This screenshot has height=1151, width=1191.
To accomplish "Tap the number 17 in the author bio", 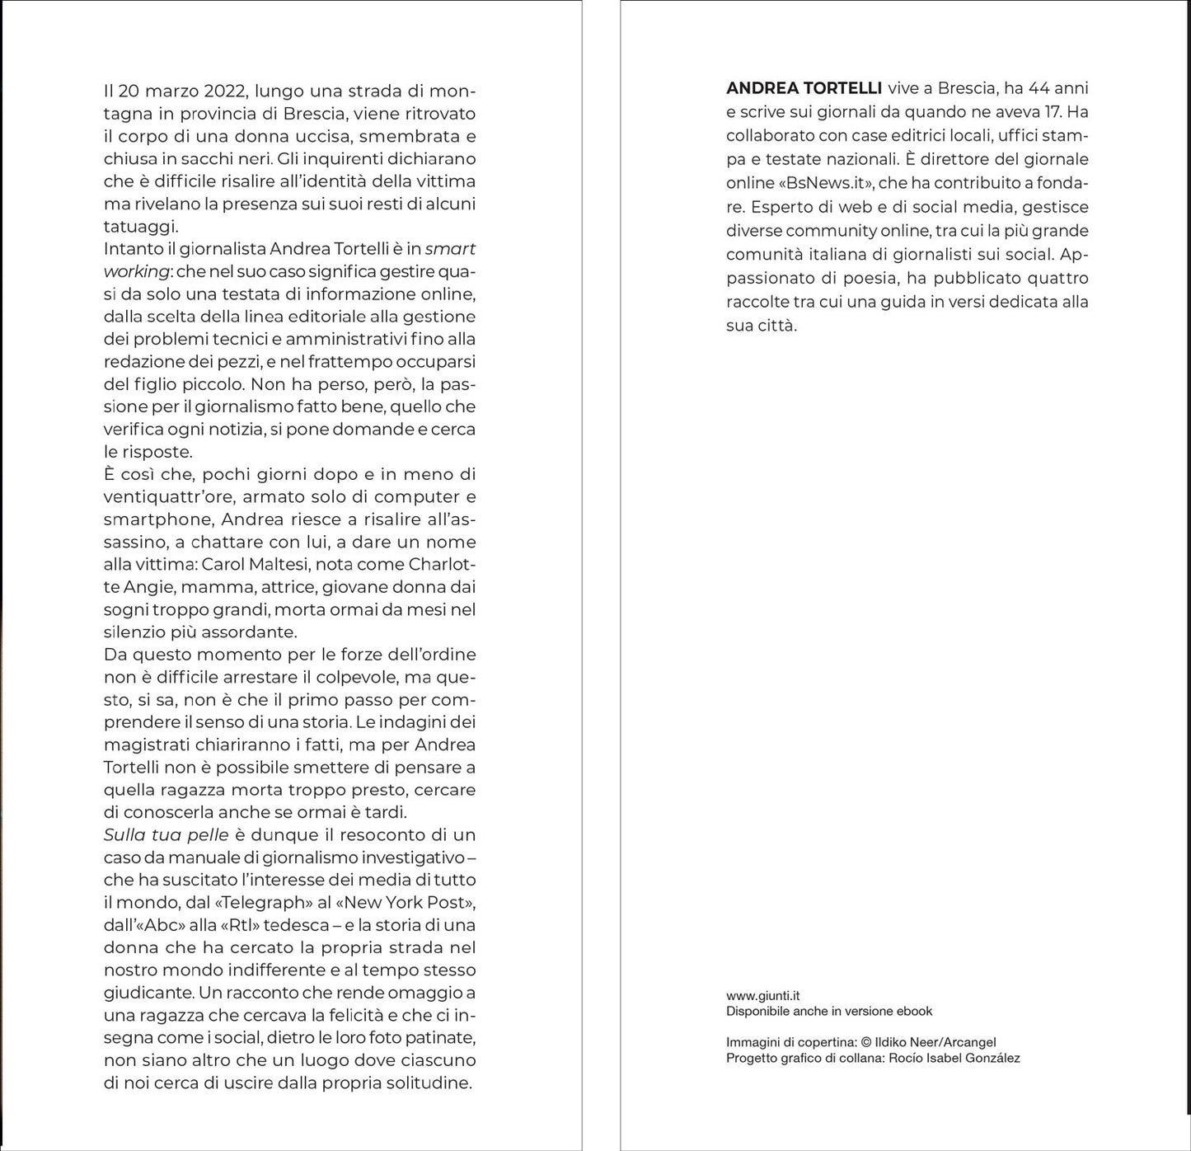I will (x=1048, y=111).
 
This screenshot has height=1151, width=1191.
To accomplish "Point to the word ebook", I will (x=915, y=1011).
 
